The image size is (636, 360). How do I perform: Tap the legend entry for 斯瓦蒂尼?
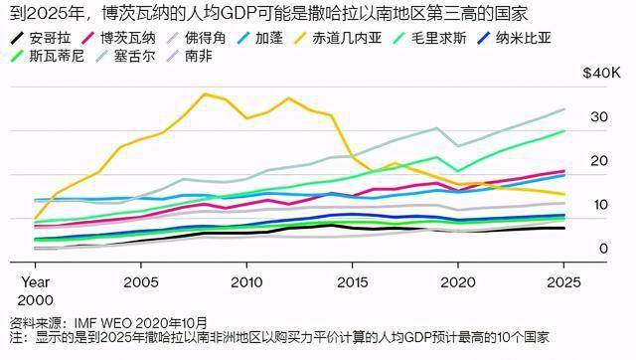(50, 58)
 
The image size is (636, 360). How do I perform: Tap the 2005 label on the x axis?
(141, 282)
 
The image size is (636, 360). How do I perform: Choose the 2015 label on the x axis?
(352, 282)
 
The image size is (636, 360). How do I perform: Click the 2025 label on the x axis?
(563, 282)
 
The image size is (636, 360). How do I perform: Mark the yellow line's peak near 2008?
(205, 93)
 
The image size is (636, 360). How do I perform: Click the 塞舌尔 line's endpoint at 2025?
(564, 109)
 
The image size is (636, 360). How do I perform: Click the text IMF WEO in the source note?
(105, 323)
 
